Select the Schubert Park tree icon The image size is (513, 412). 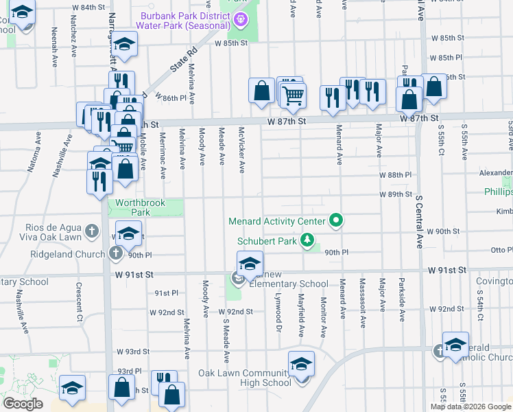[x=309, y=240]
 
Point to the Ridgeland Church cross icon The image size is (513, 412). [x=116, y=254]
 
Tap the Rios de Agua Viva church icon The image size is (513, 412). [x=92, y=233]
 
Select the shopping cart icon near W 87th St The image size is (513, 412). [x=293, y=94]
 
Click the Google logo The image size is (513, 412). [x=23, y=404]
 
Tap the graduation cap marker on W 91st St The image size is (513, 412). [x=250, y=264]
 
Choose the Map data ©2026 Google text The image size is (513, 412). [x=470, y=407]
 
